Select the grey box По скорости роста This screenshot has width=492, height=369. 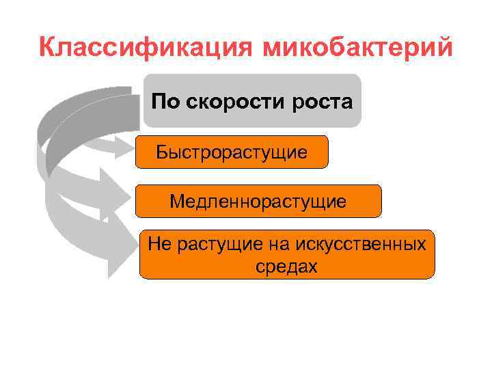click(x=252, y=100)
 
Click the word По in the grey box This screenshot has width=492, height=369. click(x=165, y=102)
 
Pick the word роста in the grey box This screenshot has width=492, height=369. click(x=323, y=102)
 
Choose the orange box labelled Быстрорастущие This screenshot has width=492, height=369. click(x=232, y=152)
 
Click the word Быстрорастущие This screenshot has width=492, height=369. click(x=232, y=152)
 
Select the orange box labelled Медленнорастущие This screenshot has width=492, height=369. click(x=258, y=202)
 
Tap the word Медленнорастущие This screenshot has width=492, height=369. click(x=258, y=202)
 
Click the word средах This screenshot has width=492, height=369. click(x=287, y=266)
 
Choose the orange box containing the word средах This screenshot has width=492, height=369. click(x=286, y=254)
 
